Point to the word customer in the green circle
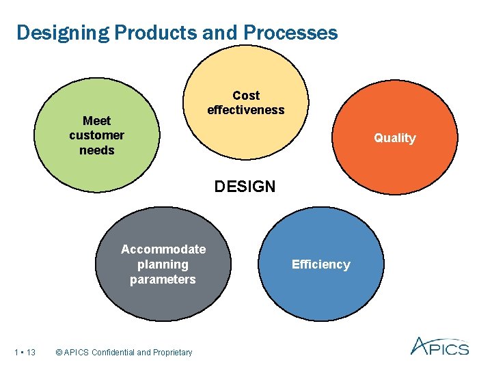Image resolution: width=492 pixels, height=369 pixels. click(x=96, y=135)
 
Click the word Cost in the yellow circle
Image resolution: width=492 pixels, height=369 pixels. click(x=246, y=96)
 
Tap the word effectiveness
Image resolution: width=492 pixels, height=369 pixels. click(x=246, y=110)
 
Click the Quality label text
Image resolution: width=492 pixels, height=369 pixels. click(x=394, y=138)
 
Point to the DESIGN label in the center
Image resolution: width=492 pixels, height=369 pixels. click(x=245, y=186)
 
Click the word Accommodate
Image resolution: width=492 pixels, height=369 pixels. click(x=163, y=249)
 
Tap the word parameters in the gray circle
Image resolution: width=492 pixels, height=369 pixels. click(x=163, y=279)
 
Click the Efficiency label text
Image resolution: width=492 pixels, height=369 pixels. click(x=320, y=264)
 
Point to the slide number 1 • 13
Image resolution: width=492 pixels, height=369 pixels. click(x=25, y=353)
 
